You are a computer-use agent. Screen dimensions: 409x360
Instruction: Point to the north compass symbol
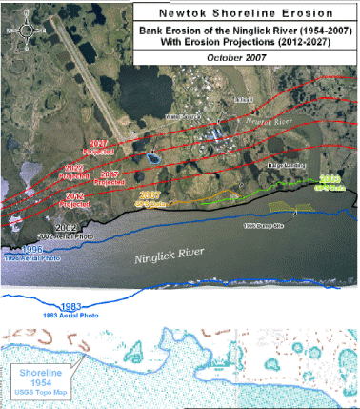26,29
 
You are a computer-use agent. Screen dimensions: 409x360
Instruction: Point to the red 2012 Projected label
74,201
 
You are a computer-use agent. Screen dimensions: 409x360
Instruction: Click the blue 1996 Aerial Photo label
26,255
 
